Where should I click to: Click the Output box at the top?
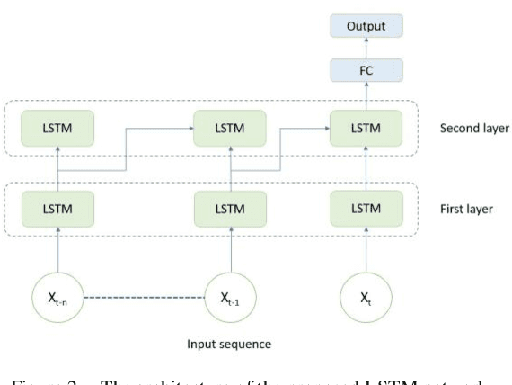365,26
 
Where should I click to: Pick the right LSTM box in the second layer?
365,128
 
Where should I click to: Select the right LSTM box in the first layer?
365,209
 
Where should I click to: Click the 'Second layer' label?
473,128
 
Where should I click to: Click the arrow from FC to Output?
365,47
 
